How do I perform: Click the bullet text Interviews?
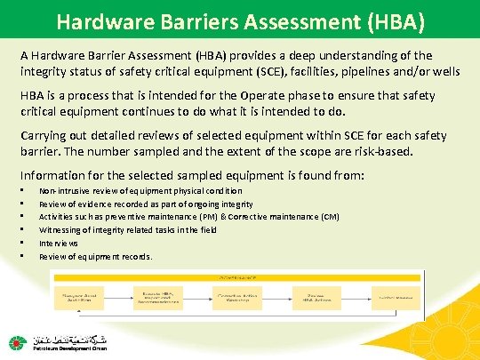(x=59, y=243)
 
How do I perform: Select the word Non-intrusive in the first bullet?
(x=66, y=190)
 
